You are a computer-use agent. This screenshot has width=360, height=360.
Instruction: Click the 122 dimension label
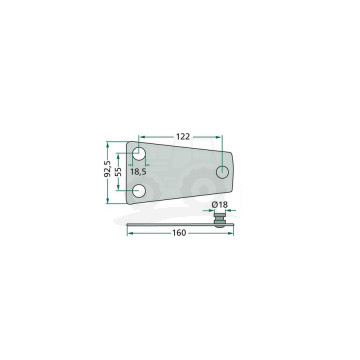click(183, 136)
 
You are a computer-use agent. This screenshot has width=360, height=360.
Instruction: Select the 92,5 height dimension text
click(107, 169)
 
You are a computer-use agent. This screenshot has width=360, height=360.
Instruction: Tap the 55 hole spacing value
click(119, 172)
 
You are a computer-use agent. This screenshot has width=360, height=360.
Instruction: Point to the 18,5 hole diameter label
click(138, 172)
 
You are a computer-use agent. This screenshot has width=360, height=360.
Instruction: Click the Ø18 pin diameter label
click(220, 205)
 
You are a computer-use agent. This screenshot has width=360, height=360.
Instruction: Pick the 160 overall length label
click(179, 233)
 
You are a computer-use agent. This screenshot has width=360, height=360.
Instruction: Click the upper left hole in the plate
click(139, 154)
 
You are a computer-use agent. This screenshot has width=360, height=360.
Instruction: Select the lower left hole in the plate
click(139, 191)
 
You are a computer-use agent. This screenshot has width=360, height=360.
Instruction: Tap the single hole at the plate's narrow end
click(222, 172)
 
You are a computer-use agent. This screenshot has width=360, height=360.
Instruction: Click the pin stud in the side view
click(219, 221)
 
